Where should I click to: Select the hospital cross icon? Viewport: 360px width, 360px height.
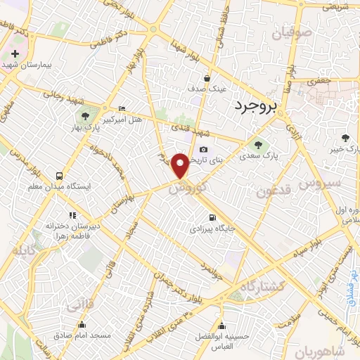(x=15, y=54)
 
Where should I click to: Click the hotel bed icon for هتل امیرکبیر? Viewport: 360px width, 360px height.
(x=122, y=108)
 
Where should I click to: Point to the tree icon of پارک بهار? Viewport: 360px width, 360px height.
(x=84, y=115)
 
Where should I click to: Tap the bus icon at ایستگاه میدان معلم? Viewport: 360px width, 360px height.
(x=58, y=176)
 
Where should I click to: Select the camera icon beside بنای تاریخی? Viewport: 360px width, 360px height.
(x=204, y=149)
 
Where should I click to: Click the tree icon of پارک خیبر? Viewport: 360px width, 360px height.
(x=344, y=138)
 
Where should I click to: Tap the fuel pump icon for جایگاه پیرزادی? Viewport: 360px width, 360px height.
(x=212, y=217)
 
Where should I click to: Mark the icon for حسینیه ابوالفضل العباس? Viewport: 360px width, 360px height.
(x=222, y=326)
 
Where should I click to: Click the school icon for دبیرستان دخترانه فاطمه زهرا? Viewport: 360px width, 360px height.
(x=71, y=215)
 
